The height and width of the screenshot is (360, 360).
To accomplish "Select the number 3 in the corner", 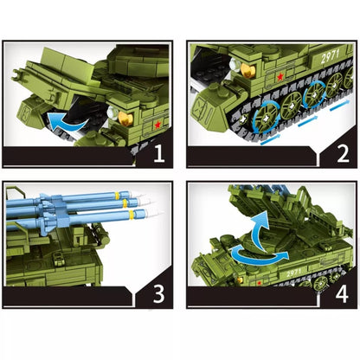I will (157, 293).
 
